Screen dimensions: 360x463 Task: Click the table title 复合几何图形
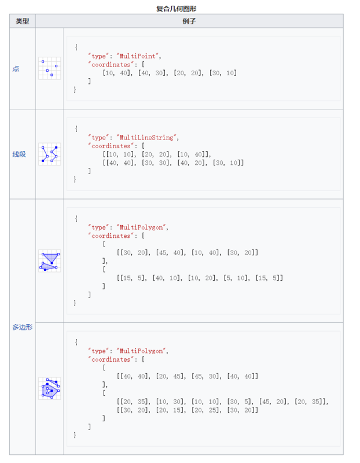point(180,9)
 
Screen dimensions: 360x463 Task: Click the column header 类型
point(23,21)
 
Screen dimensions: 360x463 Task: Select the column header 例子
point(203,21)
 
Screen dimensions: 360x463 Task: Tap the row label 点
point(16,68)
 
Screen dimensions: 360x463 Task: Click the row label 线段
point(19,154)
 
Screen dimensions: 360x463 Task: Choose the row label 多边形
point(22,327)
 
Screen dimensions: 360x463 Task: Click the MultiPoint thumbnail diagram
point(49,68)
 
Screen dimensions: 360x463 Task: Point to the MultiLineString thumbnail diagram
point(49,154)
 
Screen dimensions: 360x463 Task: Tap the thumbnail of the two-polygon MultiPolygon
point(49,260)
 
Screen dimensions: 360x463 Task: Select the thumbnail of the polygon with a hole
point(49,388)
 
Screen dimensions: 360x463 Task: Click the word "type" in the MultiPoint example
point(99,56)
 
